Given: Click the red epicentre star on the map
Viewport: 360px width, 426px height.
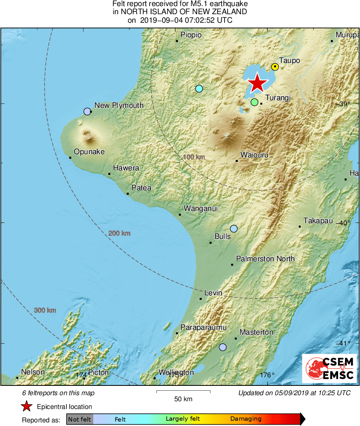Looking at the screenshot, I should [x=257, y=83].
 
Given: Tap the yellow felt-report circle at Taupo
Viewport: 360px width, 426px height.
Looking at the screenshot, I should [x=275, y=67].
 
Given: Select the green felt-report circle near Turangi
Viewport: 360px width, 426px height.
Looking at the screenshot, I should [x=254, y=102].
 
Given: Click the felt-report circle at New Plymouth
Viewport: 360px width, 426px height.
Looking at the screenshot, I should [x=87, y=112].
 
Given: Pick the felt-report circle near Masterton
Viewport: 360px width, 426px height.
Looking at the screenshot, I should [x=223, y=347].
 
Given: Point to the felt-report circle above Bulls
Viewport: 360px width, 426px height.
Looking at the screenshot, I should [x=234, y=229].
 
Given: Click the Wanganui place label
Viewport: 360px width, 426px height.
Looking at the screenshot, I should [x=201, y=209].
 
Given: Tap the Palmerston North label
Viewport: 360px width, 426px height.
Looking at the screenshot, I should [x=265, y=259].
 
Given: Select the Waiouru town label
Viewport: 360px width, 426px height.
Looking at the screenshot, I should [x=254, y=155].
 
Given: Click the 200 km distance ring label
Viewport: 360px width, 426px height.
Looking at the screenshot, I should [x=119, y=233].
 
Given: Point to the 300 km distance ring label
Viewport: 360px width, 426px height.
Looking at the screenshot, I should [x=45, y=310].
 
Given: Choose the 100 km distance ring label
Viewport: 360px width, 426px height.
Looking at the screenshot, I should [x=194, y=157].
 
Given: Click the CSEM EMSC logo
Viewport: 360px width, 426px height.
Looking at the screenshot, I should [x=329, y=368].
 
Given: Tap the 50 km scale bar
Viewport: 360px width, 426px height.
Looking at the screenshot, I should [x=183, y=392].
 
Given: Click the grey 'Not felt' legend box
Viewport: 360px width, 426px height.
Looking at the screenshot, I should [x=80, y=419].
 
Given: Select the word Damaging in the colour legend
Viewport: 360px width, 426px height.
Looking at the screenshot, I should [x=246, y=419].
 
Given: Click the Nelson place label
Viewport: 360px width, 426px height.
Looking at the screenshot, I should [x=33, y=372].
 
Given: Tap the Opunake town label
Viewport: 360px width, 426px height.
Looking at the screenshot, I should [x=89, y=152].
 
